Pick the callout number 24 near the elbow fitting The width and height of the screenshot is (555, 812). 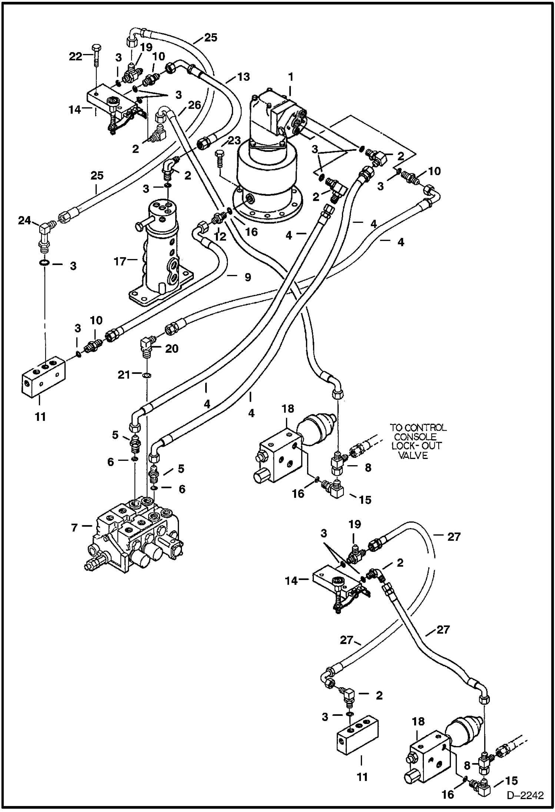coord(24,221)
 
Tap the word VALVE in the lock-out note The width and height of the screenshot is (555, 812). coord(413,455)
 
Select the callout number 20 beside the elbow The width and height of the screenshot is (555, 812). coord(172,348)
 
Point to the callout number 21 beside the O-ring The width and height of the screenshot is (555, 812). coord(124,375)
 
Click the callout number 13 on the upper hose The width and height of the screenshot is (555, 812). coord(243,77)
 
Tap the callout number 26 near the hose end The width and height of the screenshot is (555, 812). coord(194,105)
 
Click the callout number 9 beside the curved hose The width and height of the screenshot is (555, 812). coord(247,277)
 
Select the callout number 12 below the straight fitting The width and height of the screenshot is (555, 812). coord(220,236)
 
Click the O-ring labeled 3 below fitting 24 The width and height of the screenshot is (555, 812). coord(43,263)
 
